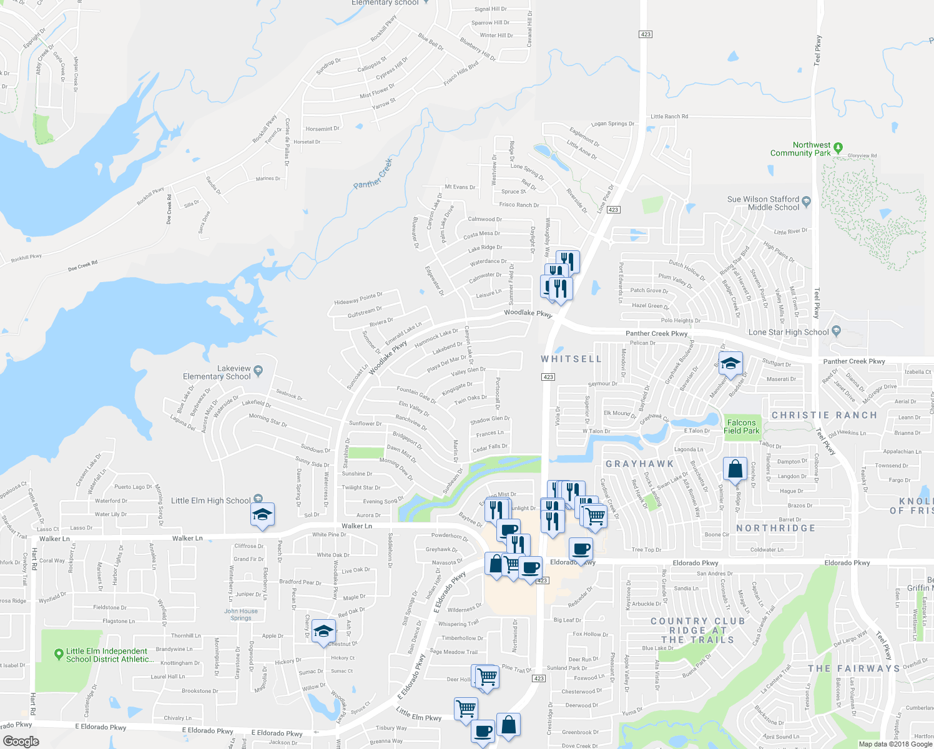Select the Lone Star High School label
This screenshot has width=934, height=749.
click(789, 333)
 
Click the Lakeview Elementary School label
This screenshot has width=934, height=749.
click(217, 373)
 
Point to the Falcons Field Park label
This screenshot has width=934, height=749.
click(742, 427)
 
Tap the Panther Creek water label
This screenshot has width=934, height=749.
click(373, 174)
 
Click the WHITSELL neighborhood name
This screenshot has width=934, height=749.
click(571, 359)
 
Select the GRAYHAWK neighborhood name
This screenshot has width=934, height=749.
click(640, 464)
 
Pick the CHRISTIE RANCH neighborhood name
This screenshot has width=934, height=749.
click(824, 415)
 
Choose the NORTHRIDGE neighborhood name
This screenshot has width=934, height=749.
click(775, 528)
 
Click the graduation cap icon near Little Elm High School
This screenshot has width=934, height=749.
click(262, 514)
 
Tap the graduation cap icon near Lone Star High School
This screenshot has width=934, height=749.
click(730, 363)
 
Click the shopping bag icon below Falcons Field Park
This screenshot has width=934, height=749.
click(735, 469)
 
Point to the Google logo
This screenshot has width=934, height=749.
click(21, 742)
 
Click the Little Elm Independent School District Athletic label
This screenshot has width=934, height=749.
click(107, 655)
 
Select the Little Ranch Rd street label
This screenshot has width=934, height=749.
click(669, 117)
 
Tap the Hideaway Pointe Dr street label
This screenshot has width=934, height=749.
click(358, 298)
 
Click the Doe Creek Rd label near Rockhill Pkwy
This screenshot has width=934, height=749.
click(83, 265)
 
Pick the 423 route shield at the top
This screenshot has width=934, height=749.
click(646, 34)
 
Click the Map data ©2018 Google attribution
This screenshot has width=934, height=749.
click(895, 744)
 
